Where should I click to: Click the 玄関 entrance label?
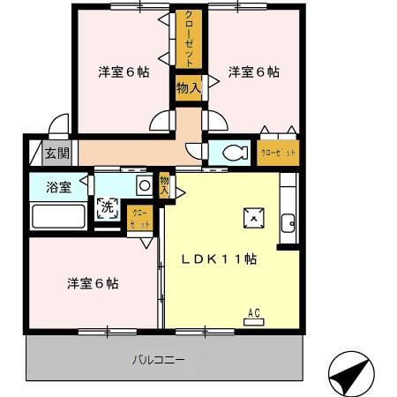[57, 153]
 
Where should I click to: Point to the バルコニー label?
[159, 360]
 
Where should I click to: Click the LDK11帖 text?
[220, 259]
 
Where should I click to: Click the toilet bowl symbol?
[232, 153]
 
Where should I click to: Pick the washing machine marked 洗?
[107, 209]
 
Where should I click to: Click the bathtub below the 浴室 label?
[57, 215]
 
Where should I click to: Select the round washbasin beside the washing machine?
[143, 185]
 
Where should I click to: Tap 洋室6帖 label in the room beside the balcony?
[93, 283]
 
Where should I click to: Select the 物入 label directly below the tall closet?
[188, 87]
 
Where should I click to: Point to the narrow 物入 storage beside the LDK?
[165, 185]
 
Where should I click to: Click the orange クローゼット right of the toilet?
[278, 153]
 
